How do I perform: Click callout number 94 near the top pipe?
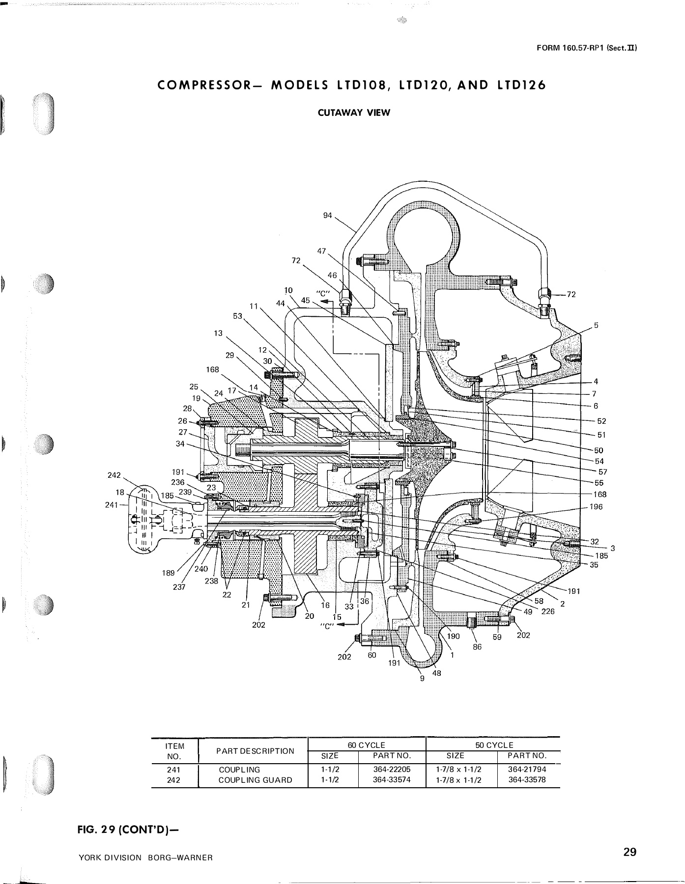pos(328,215)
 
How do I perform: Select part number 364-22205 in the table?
pos(392,770)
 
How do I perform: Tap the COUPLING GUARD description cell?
pos(255,780)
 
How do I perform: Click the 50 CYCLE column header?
pos(494,745)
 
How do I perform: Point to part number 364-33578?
pos(527,779)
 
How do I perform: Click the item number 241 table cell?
pos(174,770)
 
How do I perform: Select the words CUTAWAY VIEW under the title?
pos(354,112)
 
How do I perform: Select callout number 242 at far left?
pos(114,475)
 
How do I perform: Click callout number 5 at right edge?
pos(596,325)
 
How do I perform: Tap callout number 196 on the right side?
pos(596,507)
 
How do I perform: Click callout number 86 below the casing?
pos(477,647)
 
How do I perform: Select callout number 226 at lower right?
pos(547,611)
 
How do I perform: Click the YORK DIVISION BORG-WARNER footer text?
pos(145,857)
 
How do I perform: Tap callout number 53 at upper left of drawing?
pos(238,316)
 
